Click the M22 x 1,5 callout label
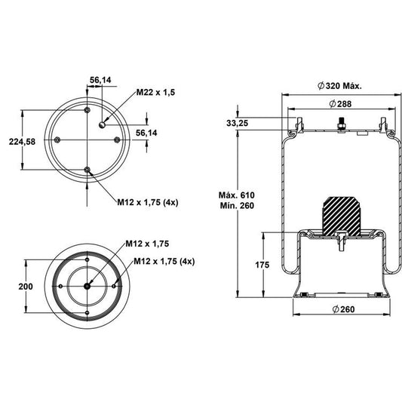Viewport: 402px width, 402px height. [x=155, y=92]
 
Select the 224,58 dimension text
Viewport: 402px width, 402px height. [x=22, y=142]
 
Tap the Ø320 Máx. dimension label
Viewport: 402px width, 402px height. [x=339, y=86]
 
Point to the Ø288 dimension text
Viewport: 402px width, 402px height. [x=340, y=104]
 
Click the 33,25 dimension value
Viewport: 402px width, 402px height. [x=237, y=123]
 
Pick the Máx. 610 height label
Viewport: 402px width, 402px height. [x=236, y=195]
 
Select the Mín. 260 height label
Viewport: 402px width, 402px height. [x=237, y=206]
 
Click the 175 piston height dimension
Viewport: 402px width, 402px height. [x=262, y=265]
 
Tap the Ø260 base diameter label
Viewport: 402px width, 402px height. [x=343, y=309]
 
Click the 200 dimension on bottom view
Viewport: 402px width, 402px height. [x=26, y=287]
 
